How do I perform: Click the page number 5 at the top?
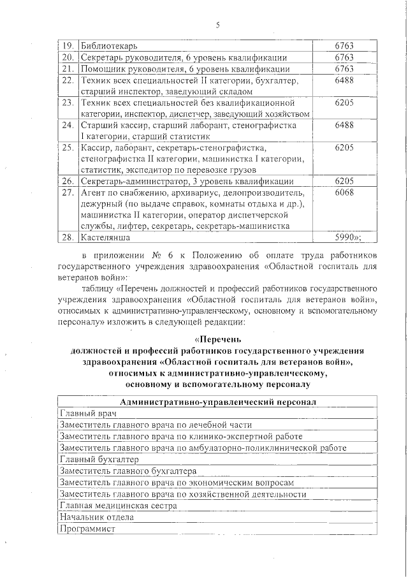(x=217, y=25)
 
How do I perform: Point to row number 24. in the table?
(x=67, y=124)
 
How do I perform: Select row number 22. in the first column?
(x=67, y=81)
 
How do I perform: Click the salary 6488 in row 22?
(x=344, y=81)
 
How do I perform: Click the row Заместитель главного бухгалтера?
(x=127, y=471)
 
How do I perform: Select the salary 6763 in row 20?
(x=344, y=57)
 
